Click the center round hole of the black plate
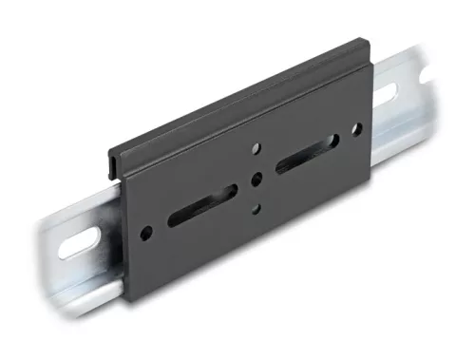pos(256,179)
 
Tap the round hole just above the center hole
pos(256,148)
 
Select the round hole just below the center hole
pos(255,209)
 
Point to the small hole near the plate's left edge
pos(145,232)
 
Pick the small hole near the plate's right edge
pos(357,128)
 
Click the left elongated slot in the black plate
pos(202,205)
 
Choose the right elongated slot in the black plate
pos(307,153)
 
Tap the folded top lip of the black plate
pos(237,95)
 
